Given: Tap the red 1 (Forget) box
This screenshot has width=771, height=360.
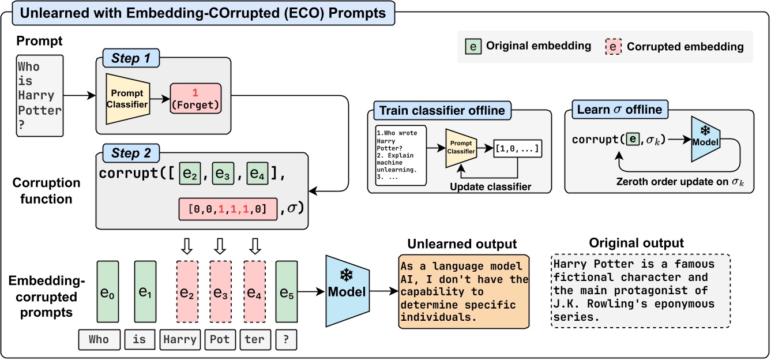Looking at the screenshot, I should click(195, 99).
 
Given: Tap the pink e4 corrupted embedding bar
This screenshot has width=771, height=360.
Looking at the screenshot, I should click(254, 292).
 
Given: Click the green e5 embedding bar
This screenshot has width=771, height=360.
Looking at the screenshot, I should click(287, 292).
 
